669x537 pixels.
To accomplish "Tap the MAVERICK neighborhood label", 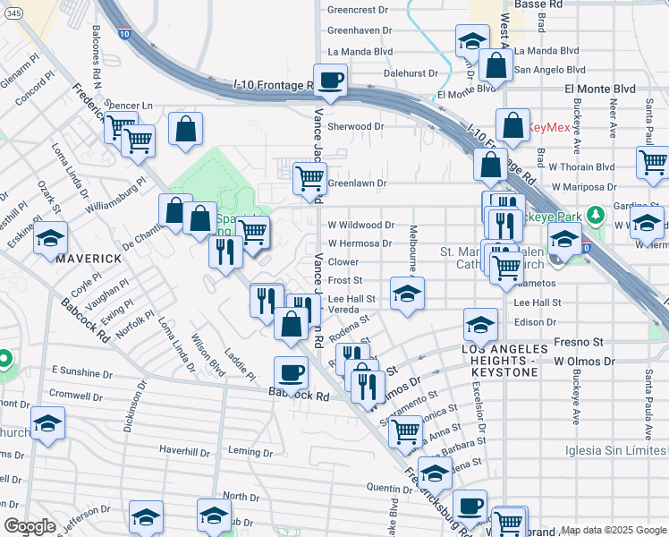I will (x=89, y=259).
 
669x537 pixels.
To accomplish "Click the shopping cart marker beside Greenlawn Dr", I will (x=309, y=177).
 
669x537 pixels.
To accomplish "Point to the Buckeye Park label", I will (x=559, y=217).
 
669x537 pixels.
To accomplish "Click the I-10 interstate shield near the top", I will (x=123, y=34).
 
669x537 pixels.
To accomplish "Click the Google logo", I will (x=29, y=525).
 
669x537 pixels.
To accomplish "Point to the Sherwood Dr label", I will (x=355, y=127).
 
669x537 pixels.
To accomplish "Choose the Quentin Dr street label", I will (x=388, y=488).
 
